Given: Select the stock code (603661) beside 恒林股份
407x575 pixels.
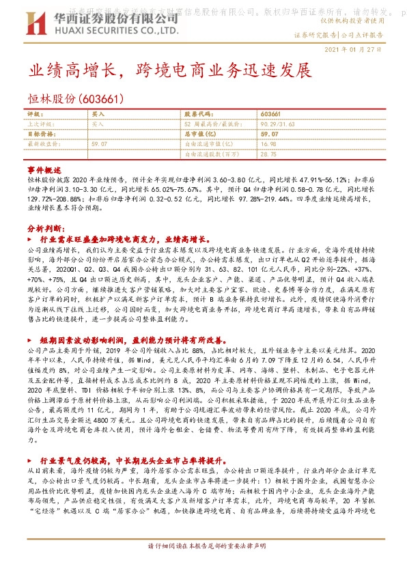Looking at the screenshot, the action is tap(102, 99).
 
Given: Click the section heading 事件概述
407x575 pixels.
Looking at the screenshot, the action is tap(44, 169).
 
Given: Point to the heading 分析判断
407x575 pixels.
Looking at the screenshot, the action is tap(44, 228).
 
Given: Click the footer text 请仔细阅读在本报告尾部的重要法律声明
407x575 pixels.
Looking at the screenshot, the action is tap(203, 566).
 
